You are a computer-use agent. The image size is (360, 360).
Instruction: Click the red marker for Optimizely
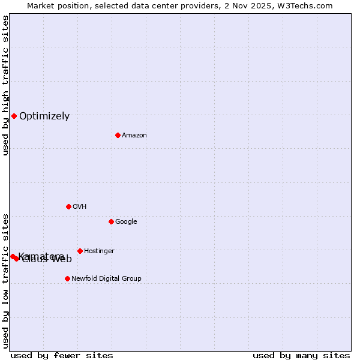click(x=14, y=116)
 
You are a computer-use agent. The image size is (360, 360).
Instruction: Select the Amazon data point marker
click(x=118, y=135)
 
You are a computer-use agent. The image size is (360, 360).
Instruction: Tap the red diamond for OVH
click(x=68, y=206)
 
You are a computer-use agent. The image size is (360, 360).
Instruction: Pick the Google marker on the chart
click(x=111, y=221)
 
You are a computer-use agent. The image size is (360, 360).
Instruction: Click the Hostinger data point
click(x=80, y=251)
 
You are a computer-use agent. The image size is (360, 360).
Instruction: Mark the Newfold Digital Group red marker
click(x=67, y=278)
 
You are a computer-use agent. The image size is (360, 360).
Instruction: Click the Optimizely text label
click(x=44, y=116)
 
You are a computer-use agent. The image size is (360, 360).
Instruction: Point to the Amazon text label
click(x=134, y=136)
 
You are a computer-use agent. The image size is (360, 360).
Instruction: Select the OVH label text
click(x=79, y=207)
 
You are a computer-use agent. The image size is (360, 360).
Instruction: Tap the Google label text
click(x=126, y=222)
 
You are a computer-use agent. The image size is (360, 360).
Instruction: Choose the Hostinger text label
click(x=99, y=251)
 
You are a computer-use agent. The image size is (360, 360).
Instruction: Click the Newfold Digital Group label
click(x=106, y=279)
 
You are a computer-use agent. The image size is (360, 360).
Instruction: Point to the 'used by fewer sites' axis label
click(x=62, y=355)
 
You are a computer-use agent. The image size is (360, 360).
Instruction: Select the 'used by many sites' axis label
click(x=301, y=355)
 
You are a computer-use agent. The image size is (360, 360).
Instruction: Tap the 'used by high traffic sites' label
click(x=5, y=85)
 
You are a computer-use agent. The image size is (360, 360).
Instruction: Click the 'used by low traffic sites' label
click(x=5, y=281)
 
